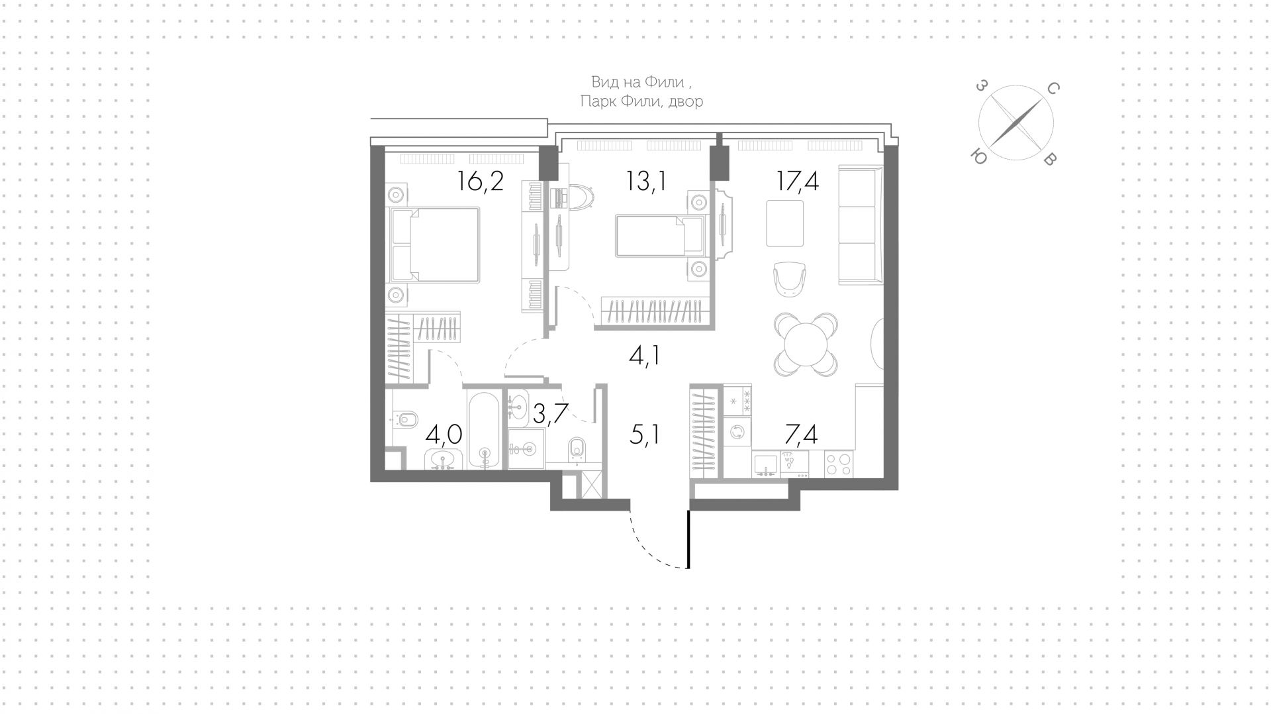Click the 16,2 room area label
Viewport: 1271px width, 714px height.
[481, 181]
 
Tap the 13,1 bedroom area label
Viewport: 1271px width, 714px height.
[646, 181]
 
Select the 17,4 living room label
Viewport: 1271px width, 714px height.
[798, 181]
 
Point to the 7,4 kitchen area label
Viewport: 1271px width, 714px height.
[801, 435]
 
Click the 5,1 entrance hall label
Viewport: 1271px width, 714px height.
[645, 436]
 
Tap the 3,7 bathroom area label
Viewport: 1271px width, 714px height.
[551, 414]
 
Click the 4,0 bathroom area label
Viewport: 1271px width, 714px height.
[444, 435]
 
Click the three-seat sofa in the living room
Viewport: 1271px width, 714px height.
[861, 225]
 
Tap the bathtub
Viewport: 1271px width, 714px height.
[485, 430]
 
